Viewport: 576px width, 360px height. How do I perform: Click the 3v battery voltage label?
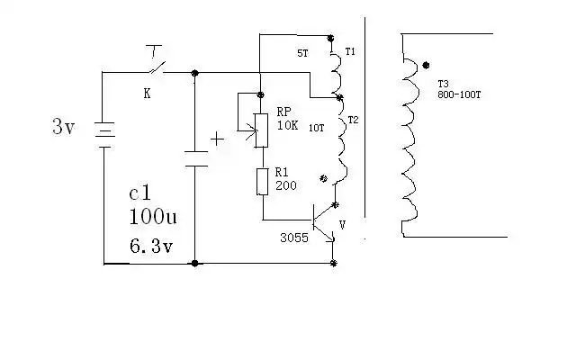pyautogui.click(x=63, y=127)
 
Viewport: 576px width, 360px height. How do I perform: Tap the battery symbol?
pyautogui.click(x=104, y=135)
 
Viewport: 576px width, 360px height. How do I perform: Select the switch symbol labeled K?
pyautogui.click(x=156, y=68)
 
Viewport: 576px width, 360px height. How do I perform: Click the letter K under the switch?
pyautogui.click(x=148, y=93)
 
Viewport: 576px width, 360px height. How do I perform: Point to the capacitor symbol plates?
pyautogui.click(x=195, y=159)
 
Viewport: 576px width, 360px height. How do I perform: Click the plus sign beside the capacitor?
pyautogui.click(x=217, y=139)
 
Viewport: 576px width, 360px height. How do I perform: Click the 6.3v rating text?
pyautogui.click(x=151, y=245)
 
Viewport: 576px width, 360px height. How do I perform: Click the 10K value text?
pyautogui.click(x=285, y=127)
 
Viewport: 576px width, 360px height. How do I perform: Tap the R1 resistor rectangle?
pyautogui.click(x=261, y=180)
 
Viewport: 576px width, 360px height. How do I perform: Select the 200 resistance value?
pyautogui.click(x=285, y=185)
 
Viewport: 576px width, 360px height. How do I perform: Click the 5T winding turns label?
pyautogui.click(x=301, y=54)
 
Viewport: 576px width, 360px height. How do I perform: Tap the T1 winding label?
pyautogui.click(x=350, y=53)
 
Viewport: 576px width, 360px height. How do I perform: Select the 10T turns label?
pyautogui.click(x=316, y=129)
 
